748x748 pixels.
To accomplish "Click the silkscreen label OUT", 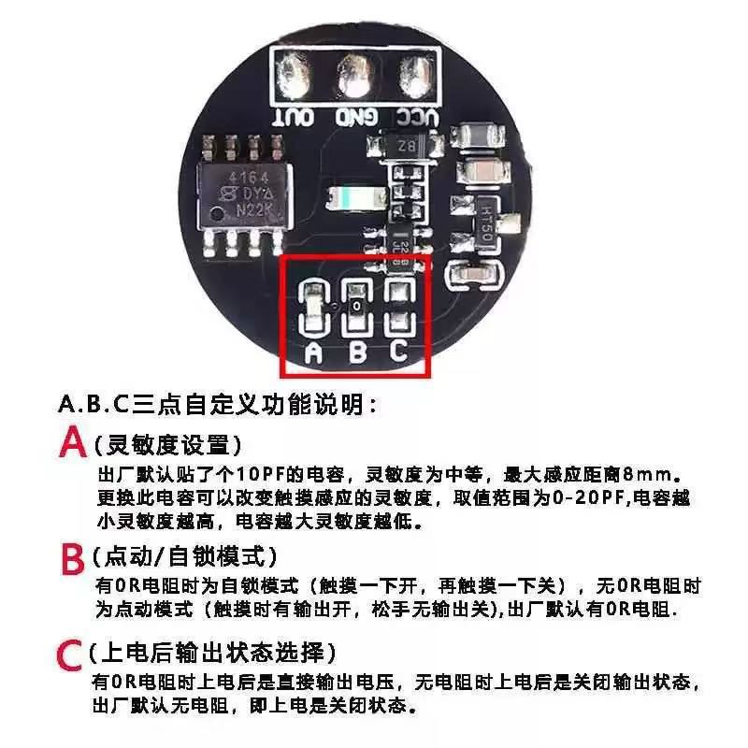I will [293, 118].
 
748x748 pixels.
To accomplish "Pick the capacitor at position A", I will [314, 307].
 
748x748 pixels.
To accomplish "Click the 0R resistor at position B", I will [356, 307].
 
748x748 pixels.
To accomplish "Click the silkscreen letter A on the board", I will [314, 352].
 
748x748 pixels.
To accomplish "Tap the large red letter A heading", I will [72, 443].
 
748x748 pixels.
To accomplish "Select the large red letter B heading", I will [72, 559].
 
